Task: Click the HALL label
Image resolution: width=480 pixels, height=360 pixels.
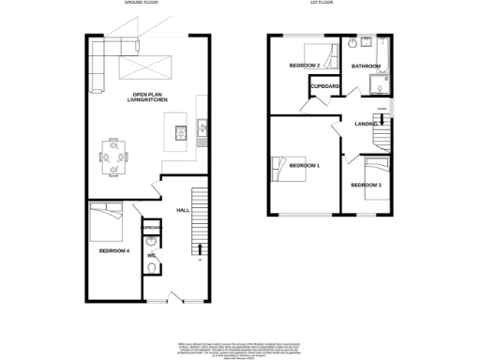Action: click(x=183, y=210)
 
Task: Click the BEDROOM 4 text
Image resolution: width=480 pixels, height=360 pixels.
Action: click(x=115, y=250)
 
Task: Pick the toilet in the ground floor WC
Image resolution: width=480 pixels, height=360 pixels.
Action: click(x=152, y=268)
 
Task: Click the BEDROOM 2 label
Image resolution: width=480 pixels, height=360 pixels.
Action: click(x=305, y=66)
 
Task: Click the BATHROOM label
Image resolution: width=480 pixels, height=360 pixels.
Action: click(x=366, y=67)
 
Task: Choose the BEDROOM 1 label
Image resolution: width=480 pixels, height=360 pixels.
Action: click(x=305, y=166)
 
